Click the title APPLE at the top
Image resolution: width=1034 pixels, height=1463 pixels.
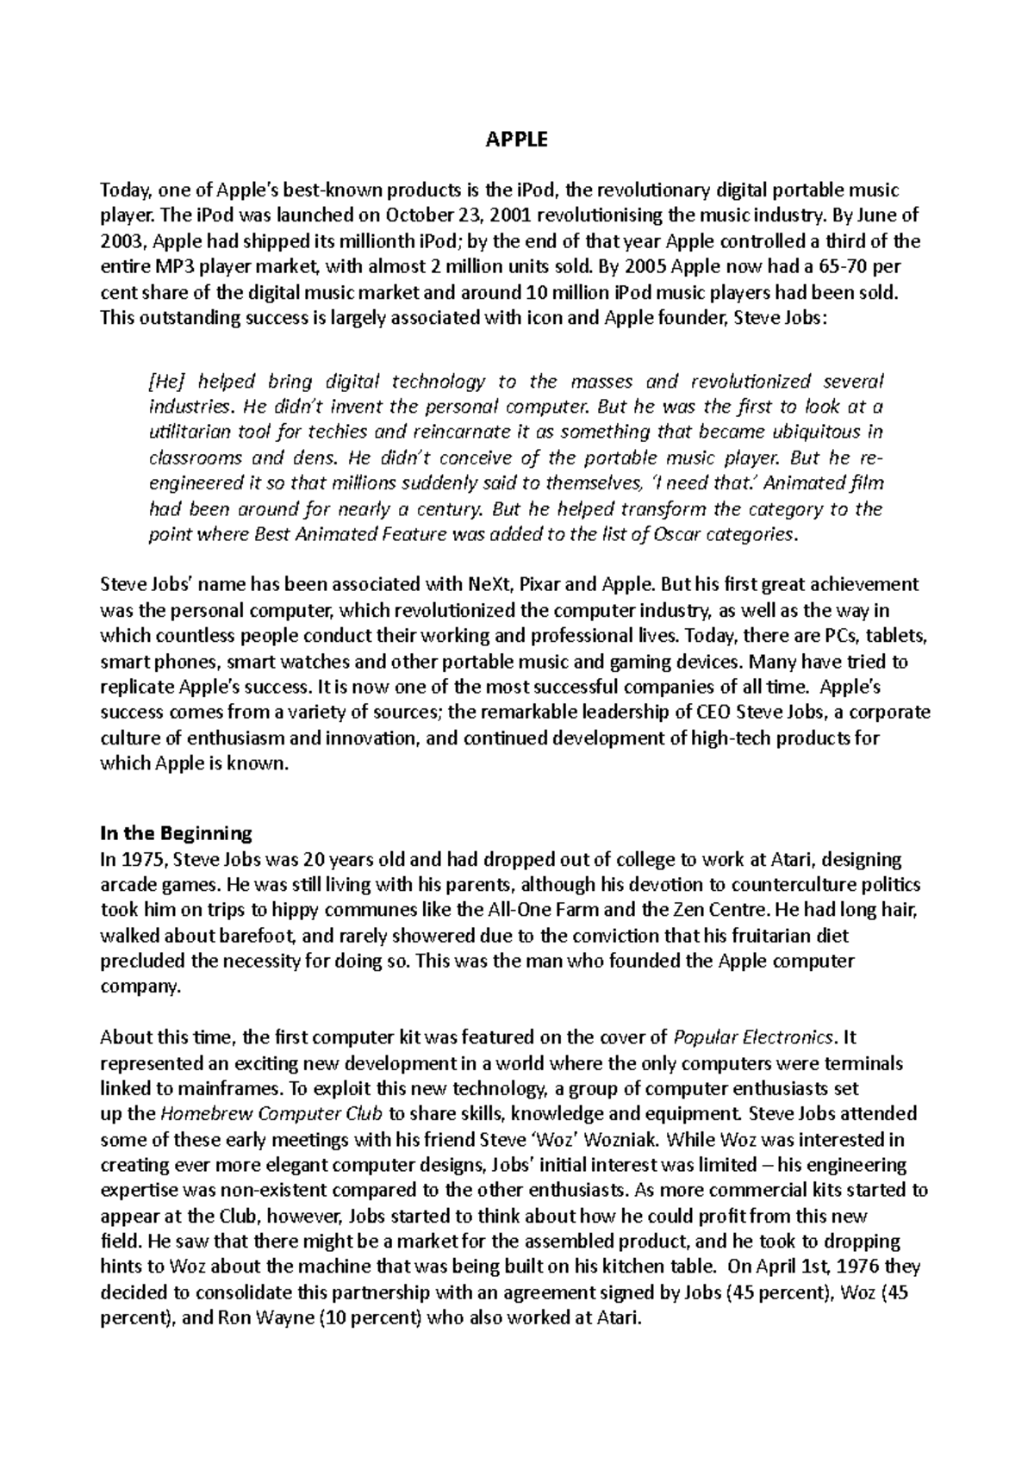517,140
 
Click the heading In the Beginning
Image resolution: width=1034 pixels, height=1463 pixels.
176,833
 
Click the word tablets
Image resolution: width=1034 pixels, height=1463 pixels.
896,637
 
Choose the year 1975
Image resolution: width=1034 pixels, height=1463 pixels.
142,859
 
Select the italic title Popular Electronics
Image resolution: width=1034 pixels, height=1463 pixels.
753,1037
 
